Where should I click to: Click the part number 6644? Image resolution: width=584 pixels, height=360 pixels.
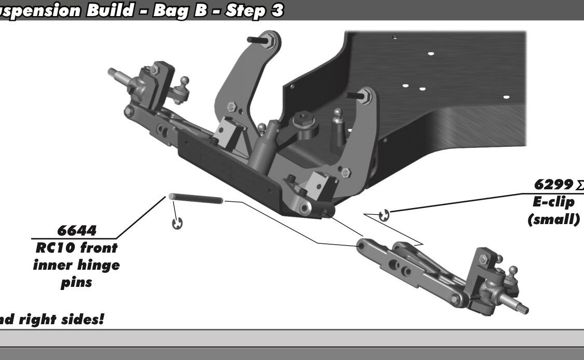click(x=77, y=230)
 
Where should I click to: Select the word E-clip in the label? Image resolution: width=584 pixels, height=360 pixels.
click(x=553, y=202)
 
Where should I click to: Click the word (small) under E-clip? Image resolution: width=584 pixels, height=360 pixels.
click(x=553, y=219)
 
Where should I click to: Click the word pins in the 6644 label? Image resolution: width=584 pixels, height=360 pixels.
click(x=76, y=283)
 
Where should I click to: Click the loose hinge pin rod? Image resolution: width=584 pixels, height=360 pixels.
click(x=196, y=199)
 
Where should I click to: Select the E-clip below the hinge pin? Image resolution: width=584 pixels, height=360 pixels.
click(x=178, y=224)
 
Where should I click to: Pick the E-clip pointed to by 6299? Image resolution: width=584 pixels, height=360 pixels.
click(x=384, y=215)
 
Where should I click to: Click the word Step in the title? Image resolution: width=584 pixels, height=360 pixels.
click(x=245, y=11)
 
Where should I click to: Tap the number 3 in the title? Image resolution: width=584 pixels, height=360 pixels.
click(x=277, y=10)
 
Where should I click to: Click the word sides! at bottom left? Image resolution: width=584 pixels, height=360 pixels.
click(x=83, y=319)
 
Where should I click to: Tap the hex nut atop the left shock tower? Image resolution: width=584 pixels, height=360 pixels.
click(x=269, y=40)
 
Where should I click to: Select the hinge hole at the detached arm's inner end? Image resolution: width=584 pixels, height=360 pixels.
click(x=361, y=246)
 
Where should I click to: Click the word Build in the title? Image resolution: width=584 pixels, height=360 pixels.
click(x=110, y=10)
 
